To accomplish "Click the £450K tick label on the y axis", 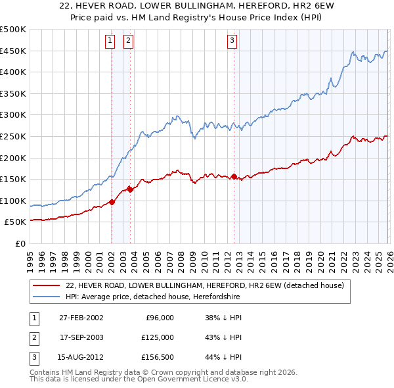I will [x=13, y=51].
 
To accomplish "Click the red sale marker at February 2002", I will [x=112, y=202].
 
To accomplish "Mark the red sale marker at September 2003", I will [x=131, y=189].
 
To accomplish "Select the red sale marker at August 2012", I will [x=234, y=176].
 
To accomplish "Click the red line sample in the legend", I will [x=47, y=286].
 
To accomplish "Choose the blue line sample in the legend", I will [x=47, y=297].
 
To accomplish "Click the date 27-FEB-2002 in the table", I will [x=81, y=318].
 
